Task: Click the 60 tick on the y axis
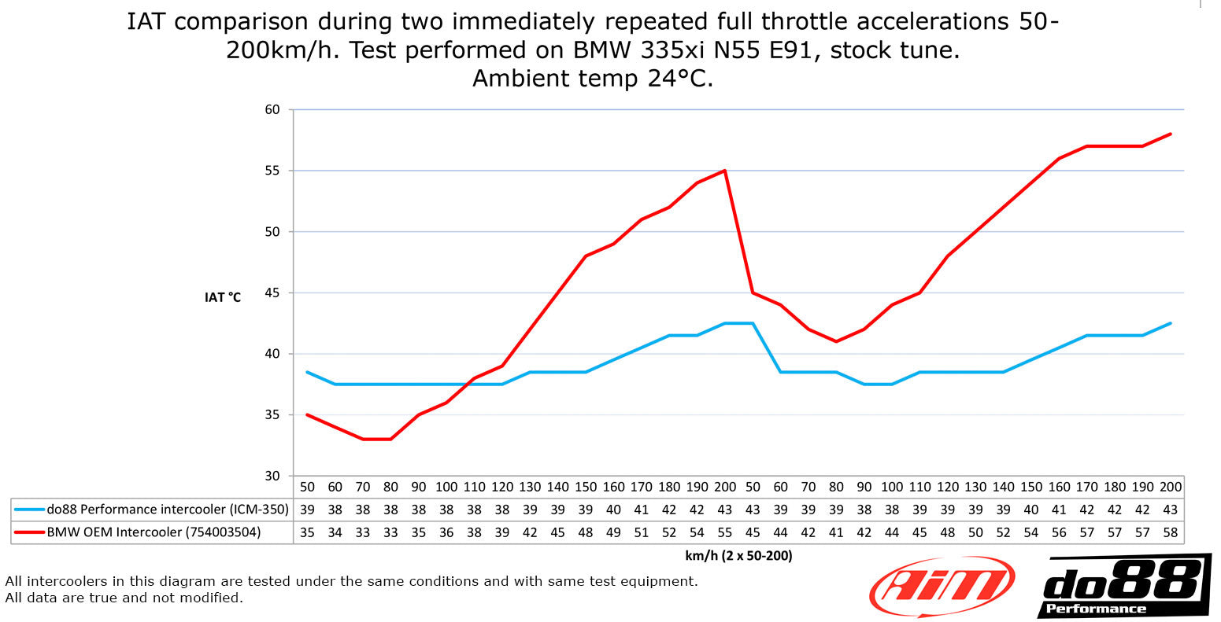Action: click(272, 109)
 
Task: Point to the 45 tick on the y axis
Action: click(272, 293)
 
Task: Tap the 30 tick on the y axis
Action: click(272, 476)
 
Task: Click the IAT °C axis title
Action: click(223, 297)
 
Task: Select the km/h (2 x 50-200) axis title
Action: click(738, 555)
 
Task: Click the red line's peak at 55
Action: click(724, 171)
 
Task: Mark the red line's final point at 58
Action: click(1171, 134)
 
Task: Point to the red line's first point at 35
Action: click(307, 415)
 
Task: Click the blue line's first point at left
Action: click(307, 372)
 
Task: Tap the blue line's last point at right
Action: click(1171, 323)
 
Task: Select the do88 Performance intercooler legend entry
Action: click(151, 510)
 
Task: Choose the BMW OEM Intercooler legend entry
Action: click(137, 532)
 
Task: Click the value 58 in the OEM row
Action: click(1171, 532)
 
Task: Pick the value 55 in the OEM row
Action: click(724, 532)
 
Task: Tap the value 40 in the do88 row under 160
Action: click(613, 510)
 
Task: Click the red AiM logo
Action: click(942, 586)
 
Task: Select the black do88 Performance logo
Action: click(1124, 587)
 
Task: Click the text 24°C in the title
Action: click(680, 79)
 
